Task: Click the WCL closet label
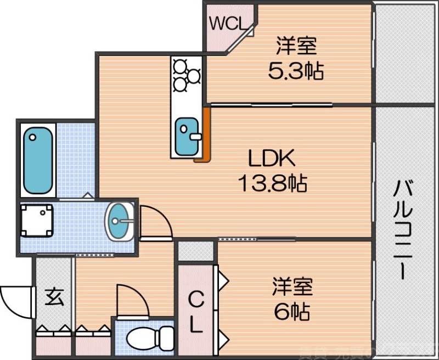[x=227, y=24]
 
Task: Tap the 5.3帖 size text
[x=295, y=71]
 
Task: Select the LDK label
[x=272, y=159]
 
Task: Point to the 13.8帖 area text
[x=272, y=183]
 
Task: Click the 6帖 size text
[x=291, y=312]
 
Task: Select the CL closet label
[x=195, y=312]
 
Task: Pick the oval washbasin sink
[x=120, y=221]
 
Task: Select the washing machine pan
[x=37, y=221]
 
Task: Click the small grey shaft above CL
[x=195, y=251]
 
